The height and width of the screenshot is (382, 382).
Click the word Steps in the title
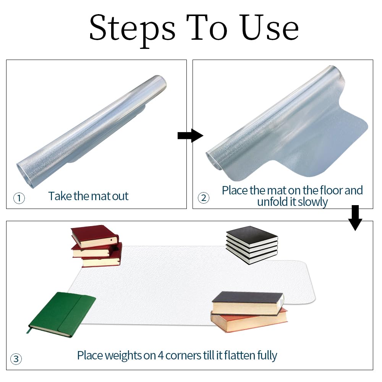tap(132, 30)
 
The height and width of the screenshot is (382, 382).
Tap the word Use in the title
tap(270, 27)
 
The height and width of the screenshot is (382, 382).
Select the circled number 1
tap(19, 198)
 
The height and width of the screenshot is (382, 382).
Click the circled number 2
tap(204, 198)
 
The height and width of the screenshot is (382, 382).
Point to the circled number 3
tap(16, 359)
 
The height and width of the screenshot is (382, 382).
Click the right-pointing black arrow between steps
tap(190, 136)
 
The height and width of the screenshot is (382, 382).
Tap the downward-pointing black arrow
tap(355, 218)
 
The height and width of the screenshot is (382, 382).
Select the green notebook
tap(62, 314)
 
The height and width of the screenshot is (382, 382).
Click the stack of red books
tap(96, 246)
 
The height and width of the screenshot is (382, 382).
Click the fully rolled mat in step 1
tap(92, 131)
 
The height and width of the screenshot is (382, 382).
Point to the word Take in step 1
tap(60, 196)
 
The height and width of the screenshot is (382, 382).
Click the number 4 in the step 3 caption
tap(160, 356)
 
